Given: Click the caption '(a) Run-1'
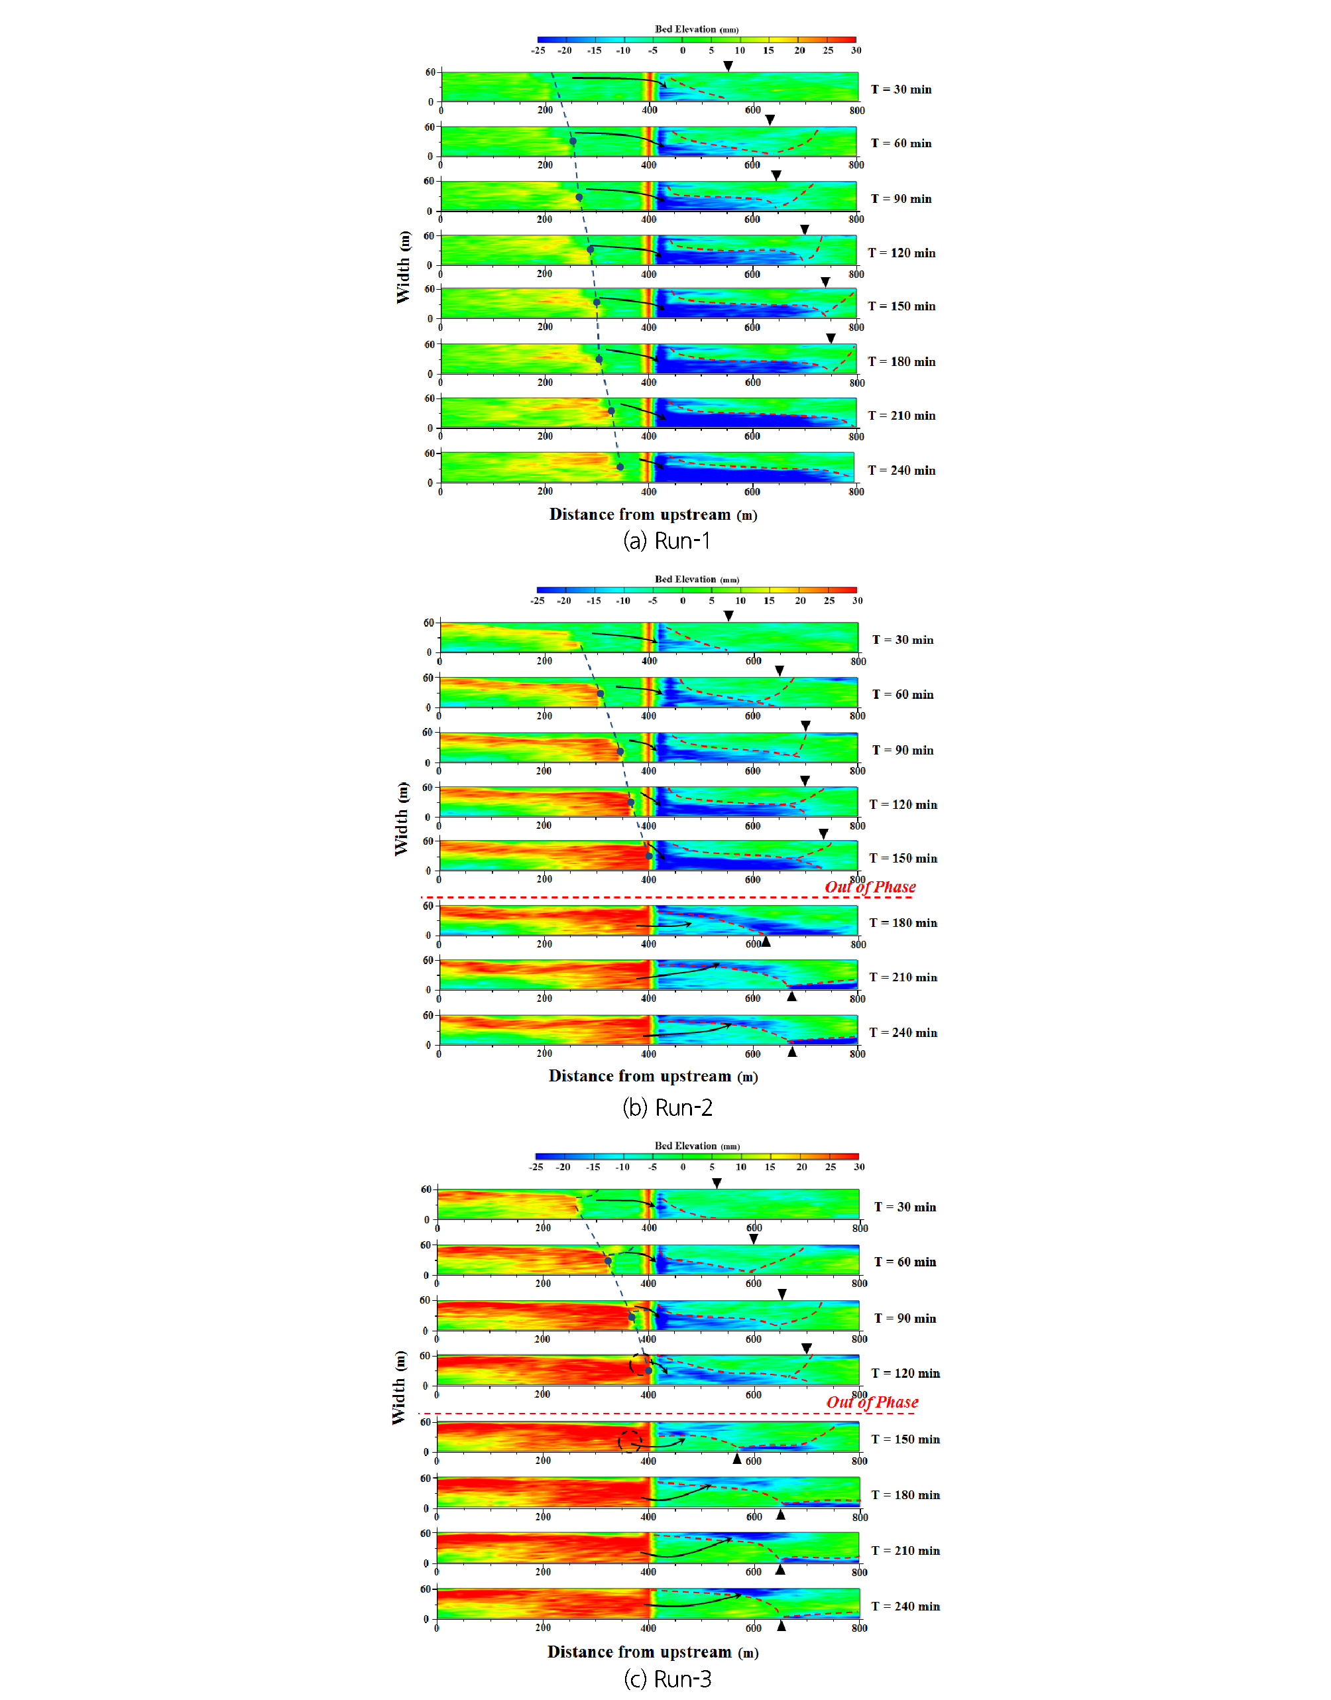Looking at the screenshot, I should click(666, 540).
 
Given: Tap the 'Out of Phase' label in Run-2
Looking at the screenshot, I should click(870, 887).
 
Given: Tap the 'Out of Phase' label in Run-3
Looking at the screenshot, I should click(872, 1402).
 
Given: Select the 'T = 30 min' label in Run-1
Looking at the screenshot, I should click(901, 90).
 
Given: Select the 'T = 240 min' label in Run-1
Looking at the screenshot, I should click(901, 471).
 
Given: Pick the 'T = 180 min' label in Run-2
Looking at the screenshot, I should click(903, 923).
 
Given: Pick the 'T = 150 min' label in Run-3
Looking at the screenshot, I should click(905, 1439).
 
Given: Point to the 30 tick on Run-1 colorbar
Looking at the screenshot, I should click(856, 50).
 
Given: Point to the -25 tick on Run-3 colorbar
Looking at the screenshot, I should click(536, 1167).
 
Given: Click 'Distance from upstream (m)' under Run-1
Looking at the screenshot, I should click(653, 515).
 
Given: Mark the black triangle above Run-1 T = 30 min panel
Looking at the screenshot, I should click(728, 66).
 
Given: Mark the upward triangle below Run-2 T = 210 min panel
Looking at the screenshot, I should click(791, 996).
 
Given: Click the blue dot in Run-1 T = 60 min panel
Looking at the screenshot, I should click(573, 141).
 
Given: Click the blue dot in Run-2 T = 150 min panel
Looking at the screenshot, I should click(649, 856).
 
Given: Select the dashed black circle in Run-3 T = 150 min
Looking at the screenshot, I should click(630, 1441).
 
